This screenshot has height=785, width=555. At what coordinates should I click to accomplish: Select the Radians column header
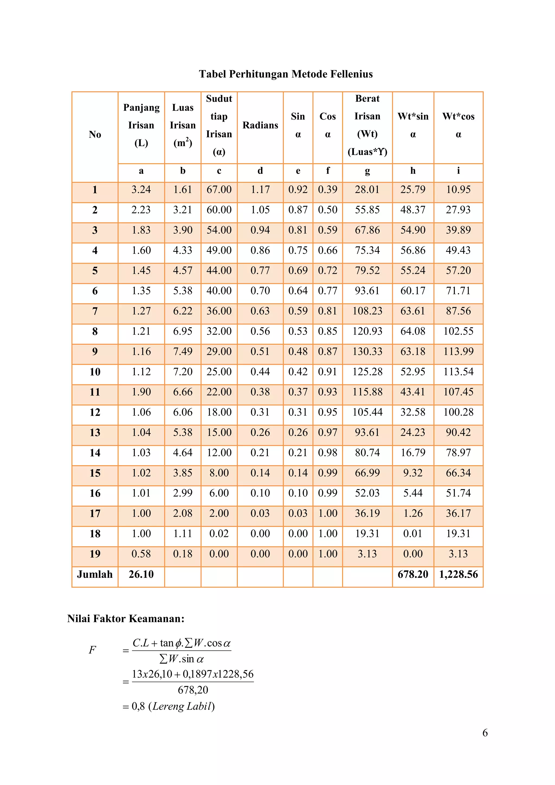click(x=260, y=125)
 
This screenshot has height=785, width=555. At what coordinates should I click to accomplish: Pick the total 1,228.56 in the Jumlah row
click(x=458, y=574)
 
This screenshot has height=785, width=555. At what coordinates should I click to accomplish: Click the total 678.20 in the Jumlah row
click(x=413, y=574)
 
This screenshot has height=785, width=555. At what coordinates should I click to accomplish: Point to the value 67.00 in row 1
click(x=219, y=189)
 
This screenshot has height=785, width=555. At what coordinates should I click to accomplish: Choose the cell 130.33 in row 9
click(x=367, y=352)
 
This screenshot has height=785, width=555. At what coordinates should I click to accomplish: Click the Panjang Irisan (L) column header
click(x=141, y=125)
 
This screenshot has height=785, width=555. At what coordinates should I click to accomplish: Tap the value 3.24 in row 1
click(x=141, y=189)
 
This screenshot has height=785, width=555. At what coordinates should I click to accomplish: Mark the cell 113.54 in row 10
click(x=458, y=372)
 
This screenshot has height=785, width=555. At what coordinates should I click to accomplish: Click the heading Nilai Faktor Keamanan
click(x=126, y=619)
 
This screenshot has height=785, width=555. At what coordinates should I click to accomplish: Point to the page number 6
click(x=485, y=733)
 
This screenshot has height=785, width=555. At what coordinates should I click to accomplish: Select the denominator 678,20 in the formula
click(x=193, y=690)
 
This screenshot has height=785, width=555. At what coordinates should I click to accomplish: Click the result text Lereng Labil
click(x=182, y=706)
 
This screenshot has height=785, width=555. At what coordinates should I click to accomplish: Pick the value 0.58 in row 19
click(x=141, y=554)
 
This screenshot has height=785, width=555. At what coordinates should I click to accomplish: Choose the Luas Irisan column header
click(x=183, y=125)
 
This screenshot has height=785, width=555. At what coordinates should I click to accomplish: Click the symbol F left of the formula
click(x=92, y=650)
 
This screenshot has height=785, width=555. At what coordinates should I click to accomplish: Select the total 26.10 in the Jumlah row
click(x=141, y=574)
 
